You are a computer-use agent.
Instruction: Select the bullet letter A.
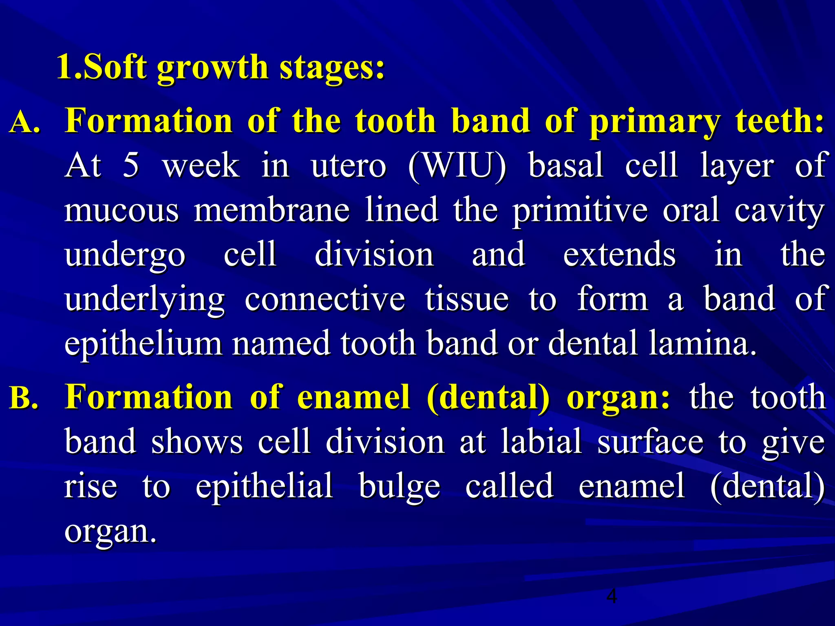coord(24,122)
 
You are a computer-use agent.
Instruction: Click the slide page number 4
coord(612,596)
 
